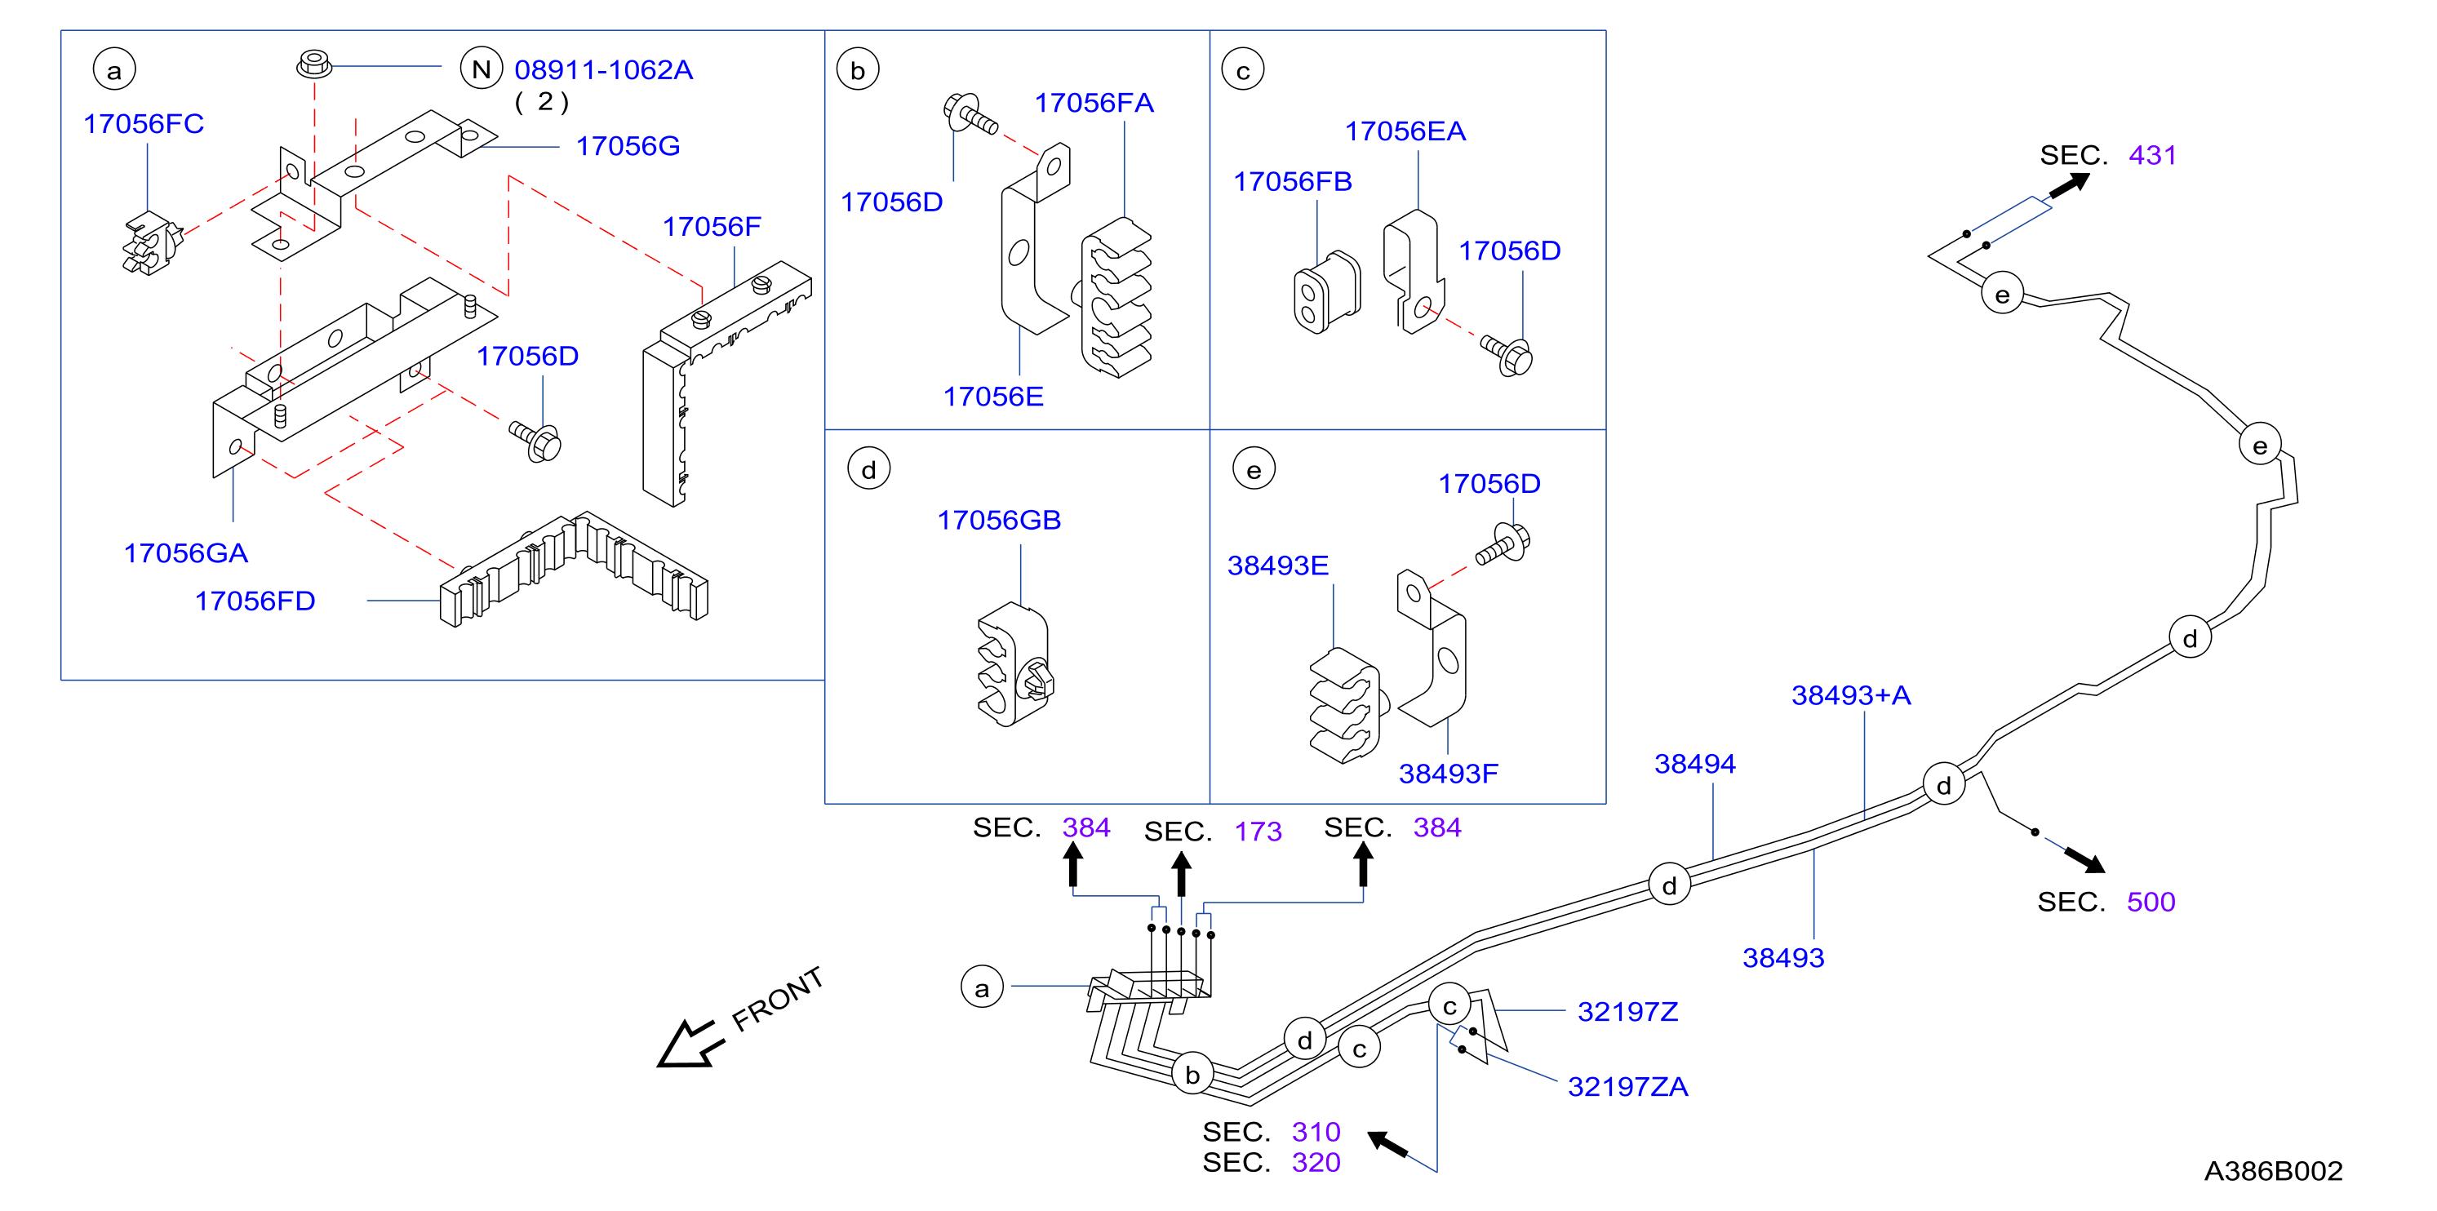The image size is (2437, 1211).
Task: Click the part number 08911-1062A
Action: coord(604,69)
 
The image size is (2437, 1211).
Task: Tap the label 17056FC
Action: coord(144,123)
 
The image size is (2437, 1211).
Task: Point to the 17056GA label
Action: coord(185,552)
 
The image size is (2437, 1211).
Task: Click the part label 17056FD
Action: coord(255,601)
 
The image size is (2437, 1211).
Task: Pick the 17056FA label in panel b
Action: coord(1094,102)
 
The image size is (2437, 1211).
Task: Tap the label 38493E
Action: coord(1278,565)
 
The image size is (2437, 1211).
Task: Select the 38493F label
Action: coord(1449,773)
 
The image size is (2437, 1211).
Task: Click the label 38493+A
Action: coord(1851,694)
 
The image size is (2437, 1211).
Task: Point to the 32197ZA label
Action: coord(1628,1086)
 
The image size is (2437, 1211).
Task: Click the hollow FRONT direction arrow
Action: coord(689,1045)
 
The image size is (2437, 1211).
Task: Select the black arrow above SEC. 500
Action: coord(2085,859)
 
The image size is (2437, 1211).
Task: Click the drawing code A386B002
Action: coord(2273,1170)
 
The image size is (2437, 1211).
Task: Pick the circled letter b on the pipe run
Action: coord(1192,1074)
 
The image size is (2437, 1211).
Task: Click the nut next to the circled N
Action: coord(314,64)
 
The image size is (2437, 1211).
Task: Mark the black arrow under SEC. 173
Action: coord(1182,874)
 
